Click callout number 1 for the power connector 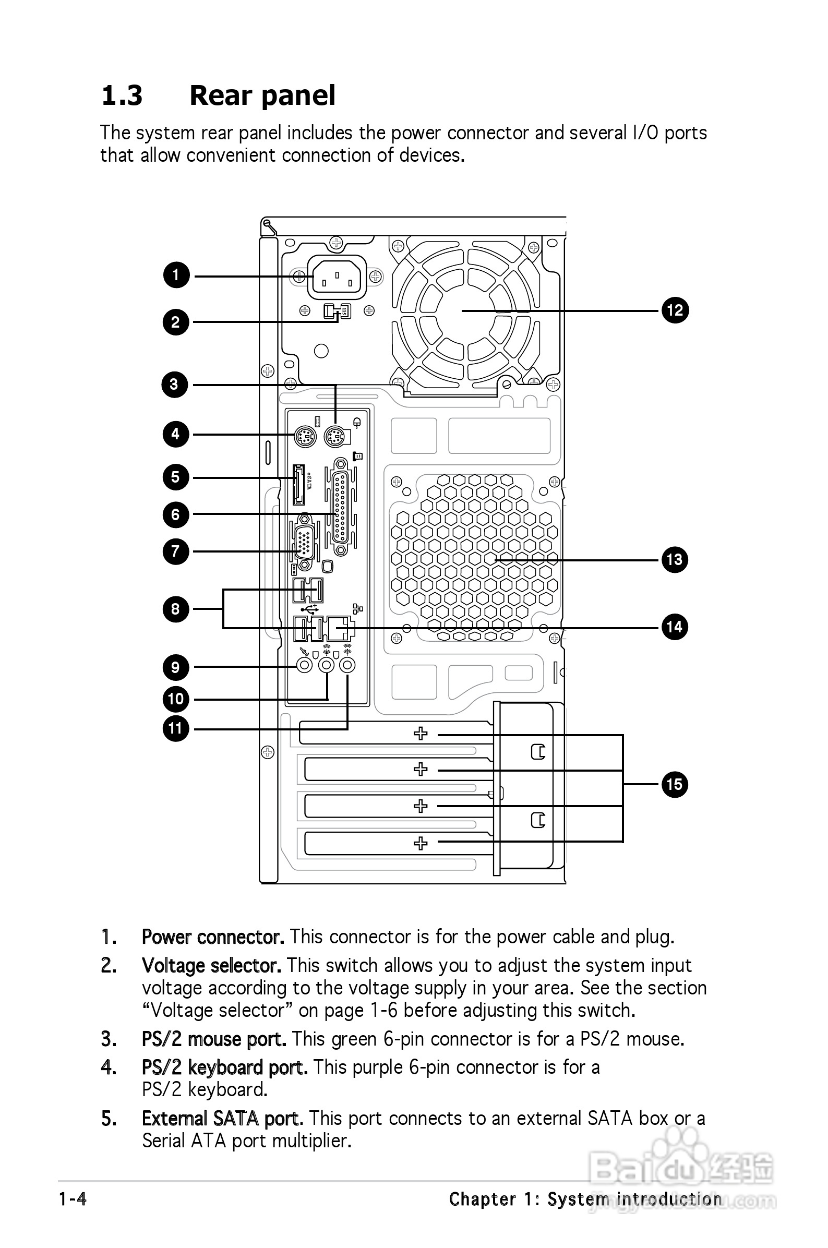click(x=176, y=275)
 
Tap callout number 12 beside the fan click(x=675, y=310)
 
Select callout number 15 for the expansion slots click(x=674, y=784)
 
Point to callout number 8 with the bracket click(x=175, y=609)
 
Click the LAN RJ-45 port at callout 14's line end click(x=341, y=627)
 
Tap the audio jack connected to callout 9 click(x=304, y=665)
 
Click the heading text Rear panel click(x=262, y=95)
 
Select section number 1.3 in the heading click(x=122, y=95)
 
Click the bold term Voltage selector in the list click(x=211, y=966)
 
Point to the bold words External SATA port click(x=222, y=1118)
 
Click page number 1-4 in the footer click(x=73, y=1199)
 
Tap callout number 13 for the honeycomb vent click(x=674, y=560)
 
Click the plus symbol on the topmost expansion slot click(x=421, y=733)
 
